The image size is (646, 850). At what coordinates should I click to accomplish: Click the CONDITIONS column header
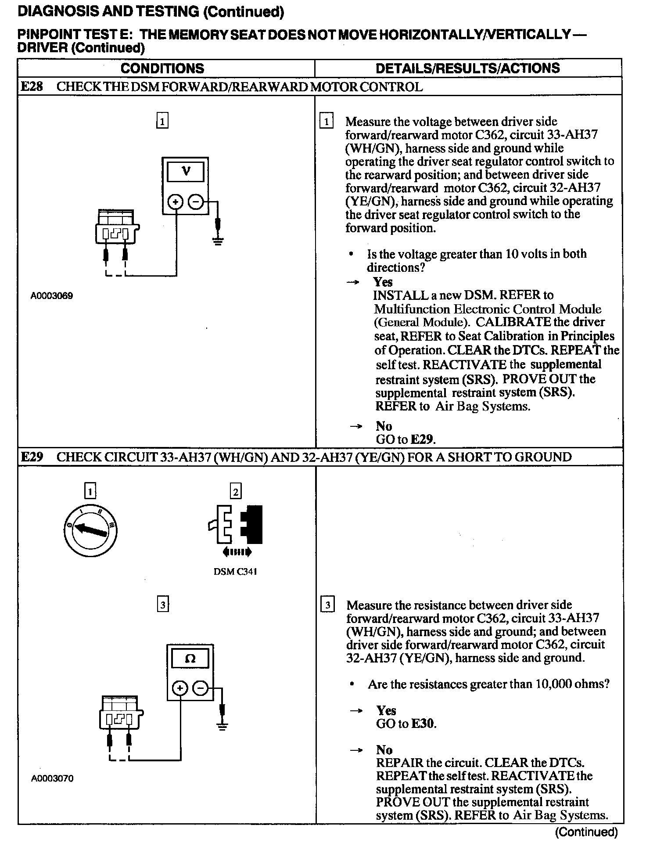pyautogui.click(x=162, y=68)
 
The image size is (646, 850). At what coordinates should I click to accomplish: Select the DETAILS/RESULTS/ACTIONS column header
pyautogui.click(x=467, y=68)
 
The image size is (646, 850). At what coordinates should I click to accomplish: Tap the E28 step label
pyautogui.click(x=32, y=86)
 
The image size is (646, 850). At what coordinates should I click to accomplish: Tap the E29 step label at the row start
pyautogui.click(x=32, y=457)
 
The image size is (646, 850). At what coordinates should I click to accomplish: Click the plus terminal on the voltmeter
pyautogui.click(x=176, y=202)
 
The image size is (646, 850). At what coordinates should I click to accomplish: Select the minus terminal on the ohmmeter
pyautogui.click(x=201, y=689)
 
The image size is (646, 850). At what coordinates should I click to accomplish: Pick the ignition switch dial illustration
pyautogui.click(x=90, y=530)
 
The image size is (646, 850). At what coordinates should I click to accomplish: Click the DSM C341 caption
pyautogui.click(x=235, y=572)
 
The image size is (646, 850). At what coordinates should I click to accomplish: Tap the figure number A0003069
pyautogui.click(x=52, y=296)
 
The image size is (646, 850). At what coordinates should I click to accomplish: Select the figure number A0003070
pyautogui.click(x=52, y=778)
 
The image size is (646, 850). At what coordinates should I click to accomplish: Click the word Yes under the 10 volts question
pyautogui.click(x=383, y=282)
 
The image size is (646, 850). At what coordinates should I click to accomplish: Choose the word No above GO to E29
pyautogui.click(x=384, y=426)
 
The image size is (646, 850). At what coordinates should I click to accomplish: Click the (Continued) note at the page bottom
pyautogui.click(x=586, y=832)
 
